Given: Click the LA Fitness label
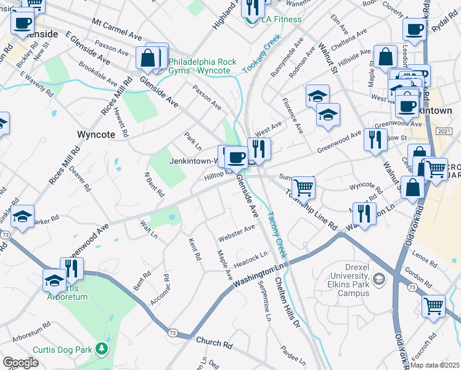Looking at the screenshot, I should [x=281, y=20].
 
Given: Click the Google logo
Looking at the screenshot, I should [x=20, y=363].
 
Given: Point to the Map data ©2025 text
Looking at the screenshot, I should [x=434, y=365].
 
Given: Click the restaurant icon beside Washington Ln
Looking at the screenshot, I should [x=365, y=213].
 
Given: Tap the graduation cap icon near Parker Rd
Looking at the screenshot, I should [x=22, y=216].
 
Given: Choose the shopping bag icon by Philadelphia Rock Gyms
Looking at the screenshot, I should [x=149, y=59].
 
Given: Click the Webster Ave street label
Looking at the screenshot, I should [x=236, y=233].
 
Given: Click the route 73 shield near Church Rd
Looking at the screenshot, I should [x=172, y=332].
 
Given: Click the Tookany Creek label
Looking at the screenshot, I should [x=261, y=55].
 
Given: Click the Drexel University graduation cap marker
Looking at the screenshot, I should [x=380, y=279].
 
